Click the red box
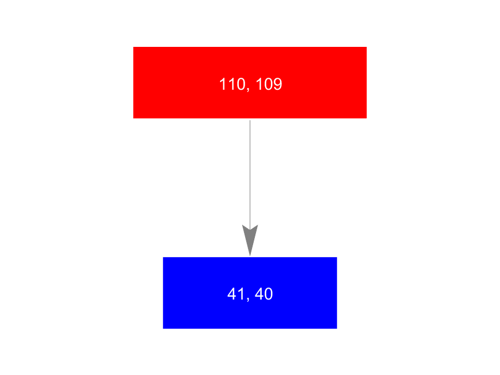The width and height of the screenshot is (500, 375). pyautogui.click(x=250, y=82)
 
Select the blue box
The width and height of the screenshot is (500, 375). pyautogui.click(x=250, y=293)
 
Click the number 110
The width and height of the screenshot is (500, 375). pyautogui.click(x=232, y=84)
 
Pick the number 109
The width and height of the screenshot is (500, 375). pyautogui.click(x=269, y=84)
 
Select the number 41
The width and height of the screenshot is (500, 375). pyautogui.click(x=235, y=294)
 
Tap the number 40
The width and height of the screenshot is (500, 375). pyautogui.click(x=263, y=294)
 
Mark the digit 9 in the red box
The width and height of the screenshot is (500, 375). pyautogui.click(x=278, y=84)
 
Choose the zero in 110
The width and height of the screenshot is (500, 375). pyautogui.click(x=241, y=84)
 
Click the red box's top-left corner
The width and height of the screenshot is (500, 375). pyautogui.click(x=133, y=47)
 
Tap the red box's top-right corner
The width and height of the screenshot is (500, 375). pyautogui.click(x=367, y=47)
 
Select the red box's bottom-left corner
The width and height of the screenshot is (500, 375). pyautogui.click(x=133, y=118)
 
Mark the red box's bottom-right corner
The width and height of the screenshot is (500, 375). pyautogui.click(x=367, y=118)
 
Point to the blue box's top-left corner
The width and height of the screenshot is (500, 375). pyautogui.click(x=163, y=257)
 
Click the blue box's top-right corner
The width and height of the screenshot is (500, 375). pyautogui.click(x=337, y=257)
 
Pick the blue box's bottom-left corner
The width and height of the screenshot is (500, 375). pyautogui.click(x=163, y=329)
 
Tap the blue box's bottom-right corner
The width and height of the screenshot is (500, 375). pyautogui.click(x=337, y=329)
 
